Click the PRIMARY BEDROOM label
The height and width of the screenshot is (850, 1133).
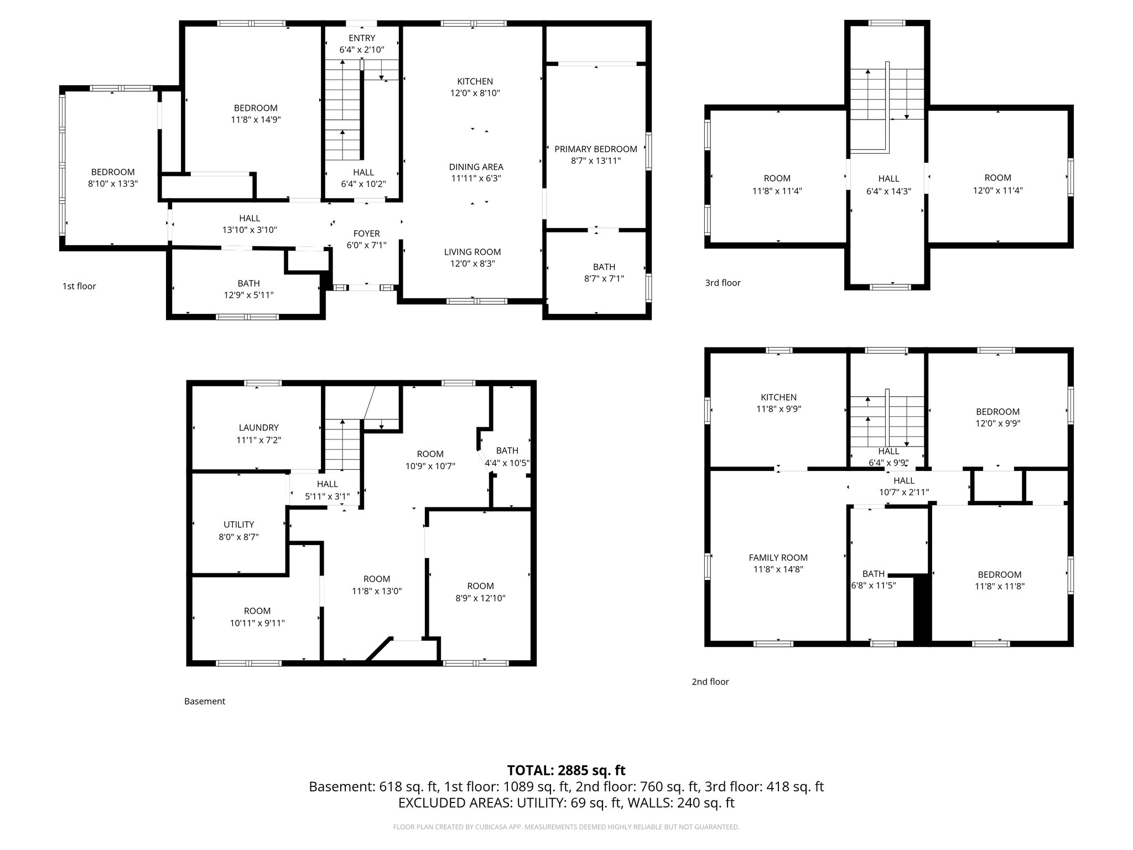click(595, 149)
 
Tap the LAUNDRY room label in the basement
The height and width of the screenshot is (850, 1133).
click(258, 428)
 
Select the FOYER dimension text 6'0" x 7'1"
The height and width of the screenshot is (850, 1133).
click(366, 245)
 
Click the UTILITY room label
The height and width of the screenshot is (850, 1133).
click(238, 525)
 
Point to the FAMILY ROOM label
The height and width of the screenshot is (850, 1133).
click(778, 558)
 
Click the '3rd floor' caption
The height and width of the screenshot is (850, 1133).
click(723, 283)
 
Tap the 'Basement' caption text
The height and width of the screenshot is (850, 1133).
click(205, 701)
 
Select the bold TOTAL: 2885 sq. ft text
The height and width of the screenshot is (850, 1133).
click(566, 770)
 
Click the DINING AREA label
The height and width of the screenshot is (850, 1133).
click(476, 167)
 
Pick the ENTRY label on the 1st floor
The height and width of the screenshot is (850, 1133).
click(362, 38)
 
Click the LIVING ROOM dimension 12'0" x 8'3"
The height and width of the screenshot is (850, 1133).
click(472, 264)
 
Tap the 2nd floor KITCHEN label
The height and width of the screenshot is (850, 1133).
click(778, 397)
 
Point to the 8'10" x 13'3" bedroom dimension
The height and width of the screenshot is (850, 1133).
click(113, 184)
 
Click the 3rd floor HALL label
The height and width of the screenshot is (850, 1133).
click(888, 179)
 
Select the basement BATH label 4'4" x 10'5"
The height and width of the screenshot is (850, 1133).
click(507, 457)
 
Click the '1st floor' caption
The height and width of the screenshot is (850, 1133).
click(79, 286)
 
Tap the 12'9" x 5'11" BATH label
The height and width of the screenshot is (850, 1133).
click(248, 289)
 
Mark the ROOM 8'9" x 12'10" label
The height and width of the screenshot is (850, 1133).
click(480, 592)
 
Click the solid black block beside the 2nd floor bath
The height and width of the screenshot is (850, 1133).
click(922, 609)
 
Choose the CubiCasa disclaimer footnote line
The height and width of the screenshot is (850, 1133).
click(566, 827)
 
